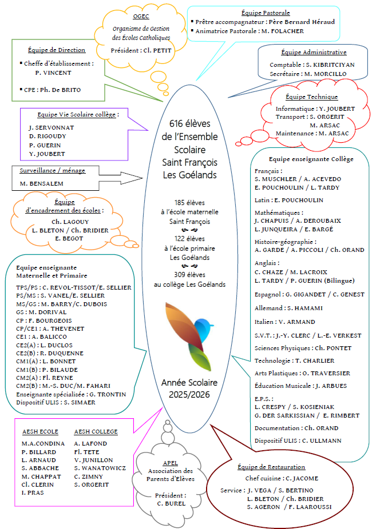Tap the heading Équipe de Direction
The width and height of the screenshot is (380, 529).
57,50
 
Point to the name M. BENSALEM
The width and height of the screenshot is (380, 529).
41,183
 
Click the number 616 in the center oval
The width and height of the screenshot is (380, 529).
176,123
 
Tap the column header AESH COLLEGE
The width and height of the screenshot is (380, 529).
96,432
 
